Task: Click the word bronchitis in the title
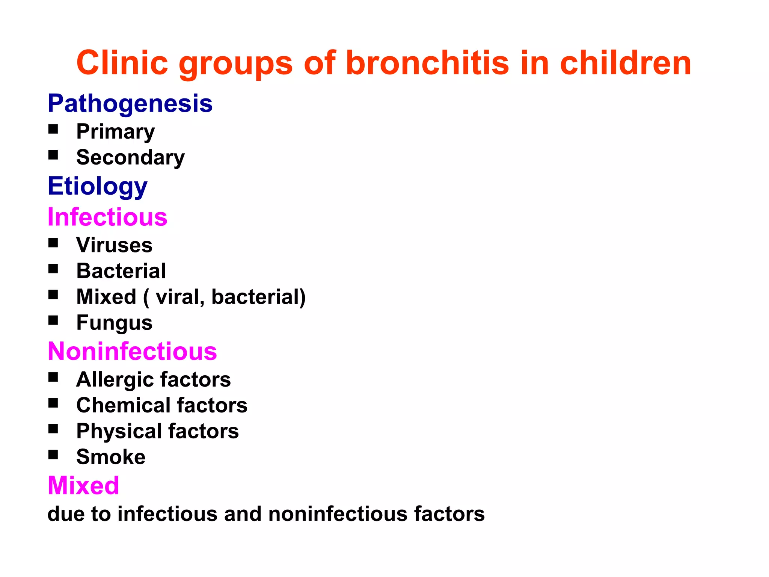pyautogui.click(x=427, y=63)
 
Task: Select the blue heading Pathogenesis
pyautogui.click(x=130, y=103)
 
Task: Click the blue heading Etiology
pyautogui.click(x=98, y=186)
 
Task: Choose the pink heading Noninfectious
pyautogui.click(x=132, y=352)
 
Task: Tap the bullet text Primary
pyautogui.click(x=115, y=132)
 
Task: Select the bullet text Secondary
pyautogui.click(x=130, y=157)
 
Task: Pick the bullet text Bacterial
pyautogui.click(x=121, y=271)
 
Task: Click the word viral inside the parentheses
pyautogui.click(x=179, y=297)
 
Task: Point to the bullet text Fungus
pyautogui.click(x=114, y=323)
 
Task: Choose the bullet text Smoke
pyautogui.click(x=111, y=457)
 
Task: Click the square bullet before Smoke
pyautogui.click(x=53, y=455)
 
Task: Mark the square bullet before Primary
pyautogui.click(x=53, y=129)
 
